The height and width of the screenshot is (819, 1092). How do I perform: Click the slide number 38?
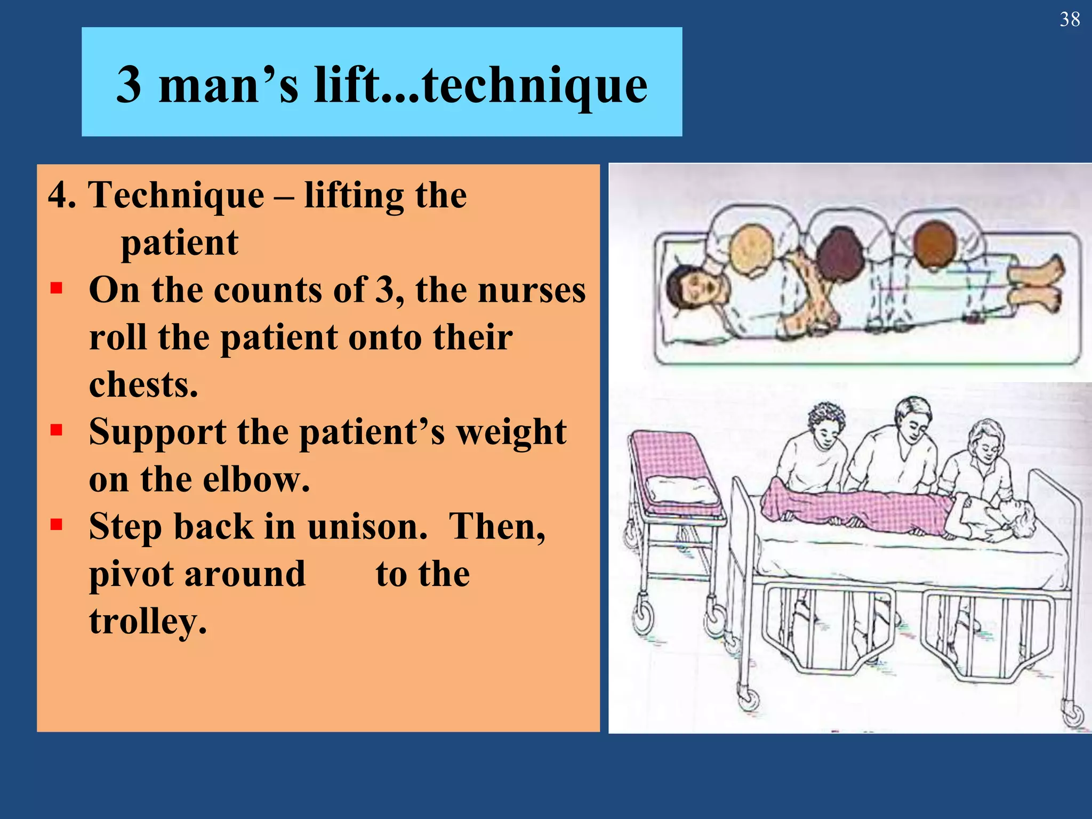[x=1070, y=20]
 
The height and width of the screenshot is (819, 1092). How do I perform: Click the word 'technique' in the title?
[x=535, y=85]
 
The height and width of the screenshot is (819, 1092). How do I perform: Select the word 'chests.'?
[x=143, y=384]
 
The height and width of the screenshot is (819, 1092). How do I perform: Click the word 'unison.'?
[x=367, y=527]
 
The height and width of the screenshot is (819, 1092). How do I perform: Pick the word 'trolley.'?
[x=148, y=622]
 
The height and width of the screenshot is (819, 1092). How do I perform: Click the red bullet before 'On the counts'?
[x=57, y=288]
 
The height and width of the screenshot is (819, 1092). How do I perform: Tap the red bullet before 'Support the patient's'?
[x=57, y=430]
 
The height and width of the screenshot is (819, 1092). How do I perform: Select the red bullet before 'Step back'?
[x=57, y=525]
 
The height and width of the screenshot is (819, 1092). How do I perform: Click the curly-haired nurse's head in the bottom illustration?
[x=826, y=421]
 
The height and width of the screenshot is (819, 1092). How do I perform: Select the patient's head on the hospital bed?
[x=1016, y=517]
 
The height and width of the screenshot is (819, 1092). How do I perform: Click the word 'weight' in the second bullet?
[x=512, y=432]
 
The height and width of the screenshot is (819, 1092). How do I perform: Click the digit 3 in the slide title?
[x=129, y=85]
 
